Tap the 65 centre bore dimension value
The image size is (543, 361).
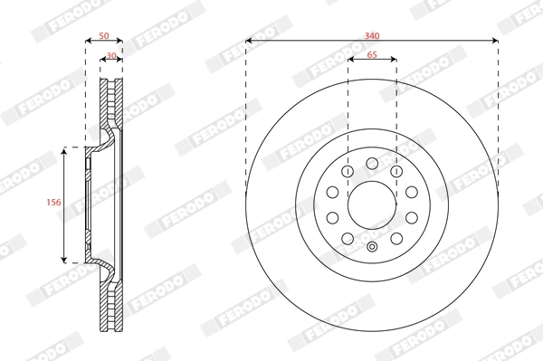[372, 55]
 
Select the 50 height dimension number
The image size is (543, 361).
[103, 35]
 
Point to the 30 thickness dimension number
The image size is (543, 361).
[111, 55]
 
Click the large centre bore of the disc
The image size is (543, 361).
[372, 205]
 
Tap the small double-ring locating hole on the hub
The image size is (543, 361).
[372, 247]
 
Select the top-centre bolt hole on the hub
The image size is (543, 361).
[372, 163]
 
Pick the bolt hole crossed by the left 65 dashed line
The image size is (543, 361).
[348, 171]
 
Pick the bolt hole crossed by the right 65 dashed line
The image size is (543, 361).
[396, 171]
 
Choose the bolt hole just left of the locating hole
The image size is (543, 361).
[348, 239]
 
